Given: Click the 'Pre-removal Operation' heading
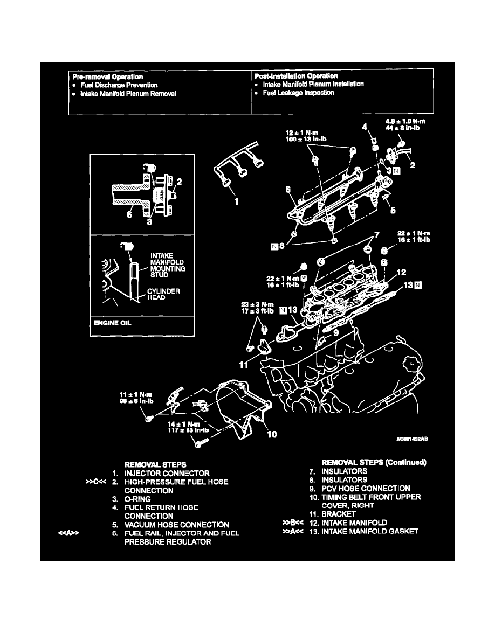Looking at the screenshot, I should coord(108,76).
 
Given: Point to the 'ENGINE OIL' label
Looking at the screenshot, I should coord(113,323).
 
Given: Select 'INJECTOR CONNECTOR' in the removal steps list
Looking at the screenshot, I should coord(167,474).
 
